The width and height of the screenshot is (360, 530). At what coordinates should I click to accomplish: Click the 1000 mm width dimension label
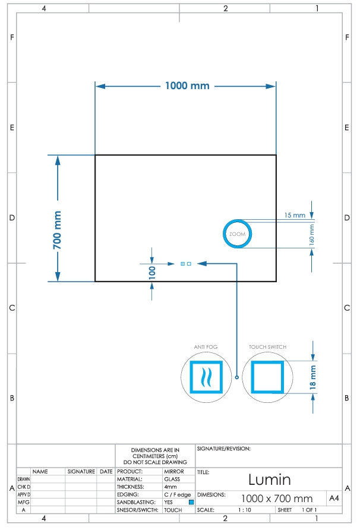[x=187, y=86]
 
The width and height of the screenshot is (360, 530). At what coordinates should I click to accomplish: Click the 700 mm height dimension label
[x=57, y=230]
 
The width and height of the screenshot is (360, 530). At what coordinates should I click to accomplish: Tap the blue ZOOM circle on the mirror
[x=237, y=220]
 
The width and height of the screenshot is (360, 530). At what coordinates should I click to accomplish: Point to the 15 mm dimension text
[x=295, y=215]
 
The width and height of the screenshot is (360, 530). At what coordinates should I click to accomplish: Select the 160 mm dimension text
[x=312, y=235]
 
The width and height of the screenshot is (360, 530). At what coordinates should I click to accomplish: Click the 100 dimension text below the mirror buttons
[x=152, y=273]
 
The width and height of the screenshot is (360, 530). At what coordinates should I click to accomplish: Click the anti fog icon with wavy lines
[x=206, y=377]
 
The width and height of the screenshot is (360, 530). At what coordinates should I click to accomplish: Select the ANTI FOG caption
[x=206, y=347]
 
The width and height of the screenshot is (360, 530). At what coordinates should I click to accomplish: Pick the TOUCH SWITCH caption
[x=267, y=347]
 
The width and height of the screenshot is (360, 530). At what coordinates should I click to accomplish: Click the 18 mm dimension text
[x=312, y=377]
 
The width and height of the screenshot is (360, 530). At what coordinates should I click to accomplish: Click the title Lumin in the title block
[x=270, y=479]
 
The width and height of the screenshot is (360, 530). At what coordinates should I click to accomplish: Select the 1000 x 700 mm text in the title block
[x=277, y=499]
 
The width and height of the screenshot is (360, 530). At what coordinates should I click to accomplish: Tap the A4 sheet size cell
[x=334, y=499]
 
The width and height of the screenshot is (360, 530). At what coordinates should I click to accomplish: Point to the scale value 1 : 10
[x=245, y=510]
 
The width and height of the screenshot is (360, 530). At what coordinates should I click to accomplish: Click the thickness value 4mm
[x=170, y=487]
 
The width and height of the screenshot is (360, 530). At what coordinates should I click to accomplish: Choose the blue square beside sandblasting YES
[x=191, y=502]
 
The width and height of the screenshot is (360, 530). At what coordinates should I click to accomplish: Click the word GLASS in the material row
[x=172, y=479]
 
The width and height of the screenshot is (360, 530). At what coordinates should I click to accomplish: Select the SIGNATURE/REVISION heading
[x=224, y=449]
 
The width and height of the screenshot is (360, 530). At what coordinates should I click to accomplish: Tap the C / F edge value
[x=178, y=495]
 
